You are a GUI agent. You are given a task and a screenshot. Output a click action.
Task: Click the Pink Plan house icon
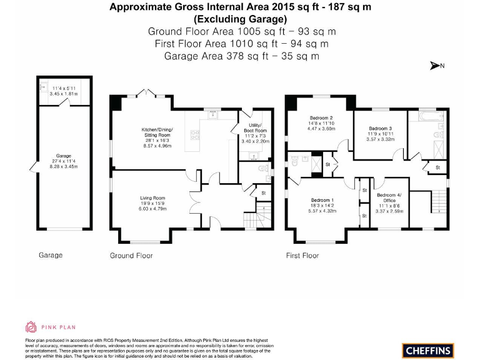(31, 326)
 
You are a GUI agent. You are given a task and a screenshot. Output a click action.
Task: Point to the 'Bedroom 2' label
(321, 118)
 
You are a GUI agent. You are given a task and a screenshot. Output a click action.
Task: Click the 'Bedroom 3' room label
(379, 128)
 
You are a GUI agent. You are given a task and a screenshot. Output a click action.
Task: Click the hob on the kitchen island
(194, 133)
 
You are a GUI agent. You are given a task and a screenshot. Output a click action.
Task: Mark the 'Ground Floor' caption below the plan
(131, 256)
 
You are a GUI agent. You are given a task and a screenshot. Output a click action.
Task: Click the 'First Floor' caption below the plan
(302, 256)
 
